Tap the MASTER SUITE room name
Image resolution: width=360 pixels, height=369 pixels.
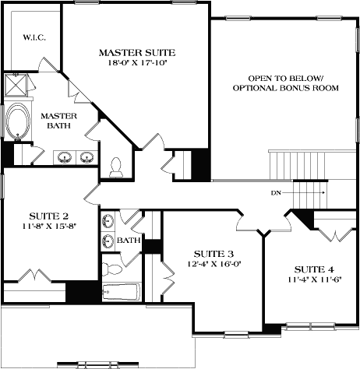point(137,52)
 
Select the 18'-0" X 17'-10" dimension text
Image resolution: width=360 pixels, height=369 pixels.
point(137,64)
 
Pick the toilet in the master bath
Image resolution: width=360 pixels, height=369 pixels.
point(117,166)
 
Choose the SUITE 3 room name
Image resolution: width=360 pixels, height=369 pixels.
point(213,254)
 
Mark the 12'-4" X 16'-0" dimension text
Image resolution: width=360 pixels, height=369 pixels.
point(213,265)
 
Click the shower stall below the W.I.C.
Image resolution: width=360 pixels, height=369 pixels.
point(16,85)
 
